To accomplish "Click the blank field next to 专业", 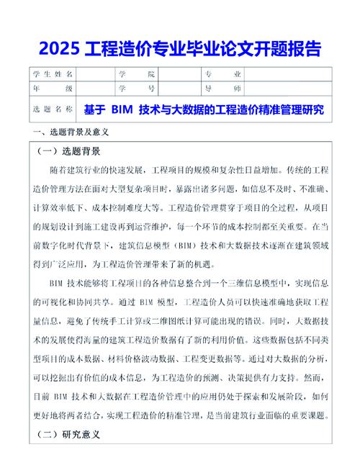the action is (288, 75).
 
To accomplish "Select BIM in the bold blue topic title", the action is (121, 110).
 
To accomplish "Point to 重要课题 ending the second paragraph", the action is (305, 415).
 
